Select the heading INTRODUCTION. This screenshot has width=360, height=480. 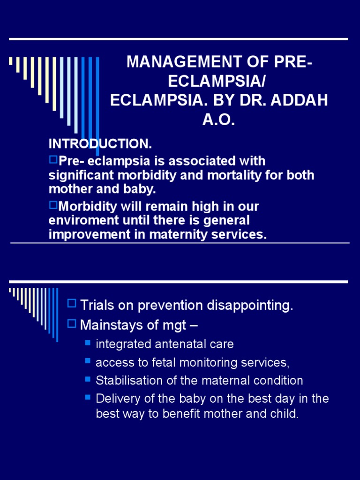100,143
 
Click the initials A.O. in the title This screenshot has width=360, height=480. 218,120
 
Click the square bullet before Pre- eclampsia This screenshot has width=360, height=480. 53,160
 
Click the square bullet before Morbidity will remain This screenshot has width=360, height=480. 53,205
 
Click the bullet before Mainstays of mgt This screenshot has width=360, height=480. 72,323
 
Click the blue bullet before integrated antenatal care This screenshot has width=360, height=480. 88,343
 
